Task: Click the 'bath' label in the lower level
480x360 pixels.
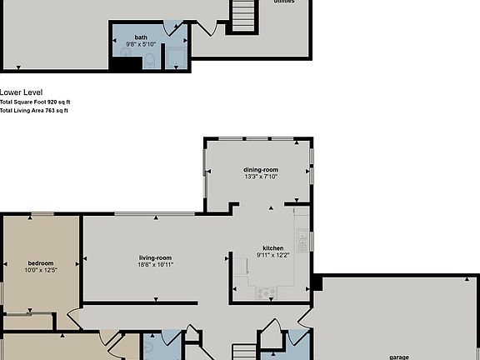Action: click(141, 37)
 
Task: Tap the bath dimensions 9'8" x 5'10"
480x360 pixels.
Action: click(141, 43)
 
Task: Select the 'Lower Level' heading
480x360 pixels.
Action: click(22, 92)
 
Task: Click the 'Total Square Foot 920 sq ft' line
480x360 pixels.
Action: click(34, 102)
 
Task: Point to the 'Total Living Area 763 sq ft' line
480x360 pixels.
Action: click(34, 109)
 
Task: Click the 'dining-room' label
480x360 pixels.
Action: click(261, 169)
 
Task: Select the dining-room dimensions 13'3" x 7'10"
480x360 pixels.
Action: click(261, 177)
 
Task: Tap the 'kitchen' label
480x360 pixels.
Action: click(273, 248)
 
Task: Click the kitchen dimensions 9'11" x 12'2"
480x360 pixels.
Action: click(273, 256)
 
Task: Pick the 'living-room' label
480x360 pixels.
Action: click(155, 257)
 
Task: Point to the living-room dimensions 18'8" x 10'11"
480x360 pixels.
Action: click(155, 265)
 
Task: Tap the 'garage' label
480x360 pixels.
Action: click(399, 357)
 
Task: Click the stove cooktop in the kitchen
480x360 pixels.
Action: click(267, 292)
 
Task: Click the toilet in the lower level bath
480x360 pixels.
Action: click(149, 60)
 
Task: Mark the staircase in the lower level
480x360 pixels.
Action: click(242, 15)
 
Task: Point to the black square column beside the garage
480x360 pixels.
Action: click(316, 283)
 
